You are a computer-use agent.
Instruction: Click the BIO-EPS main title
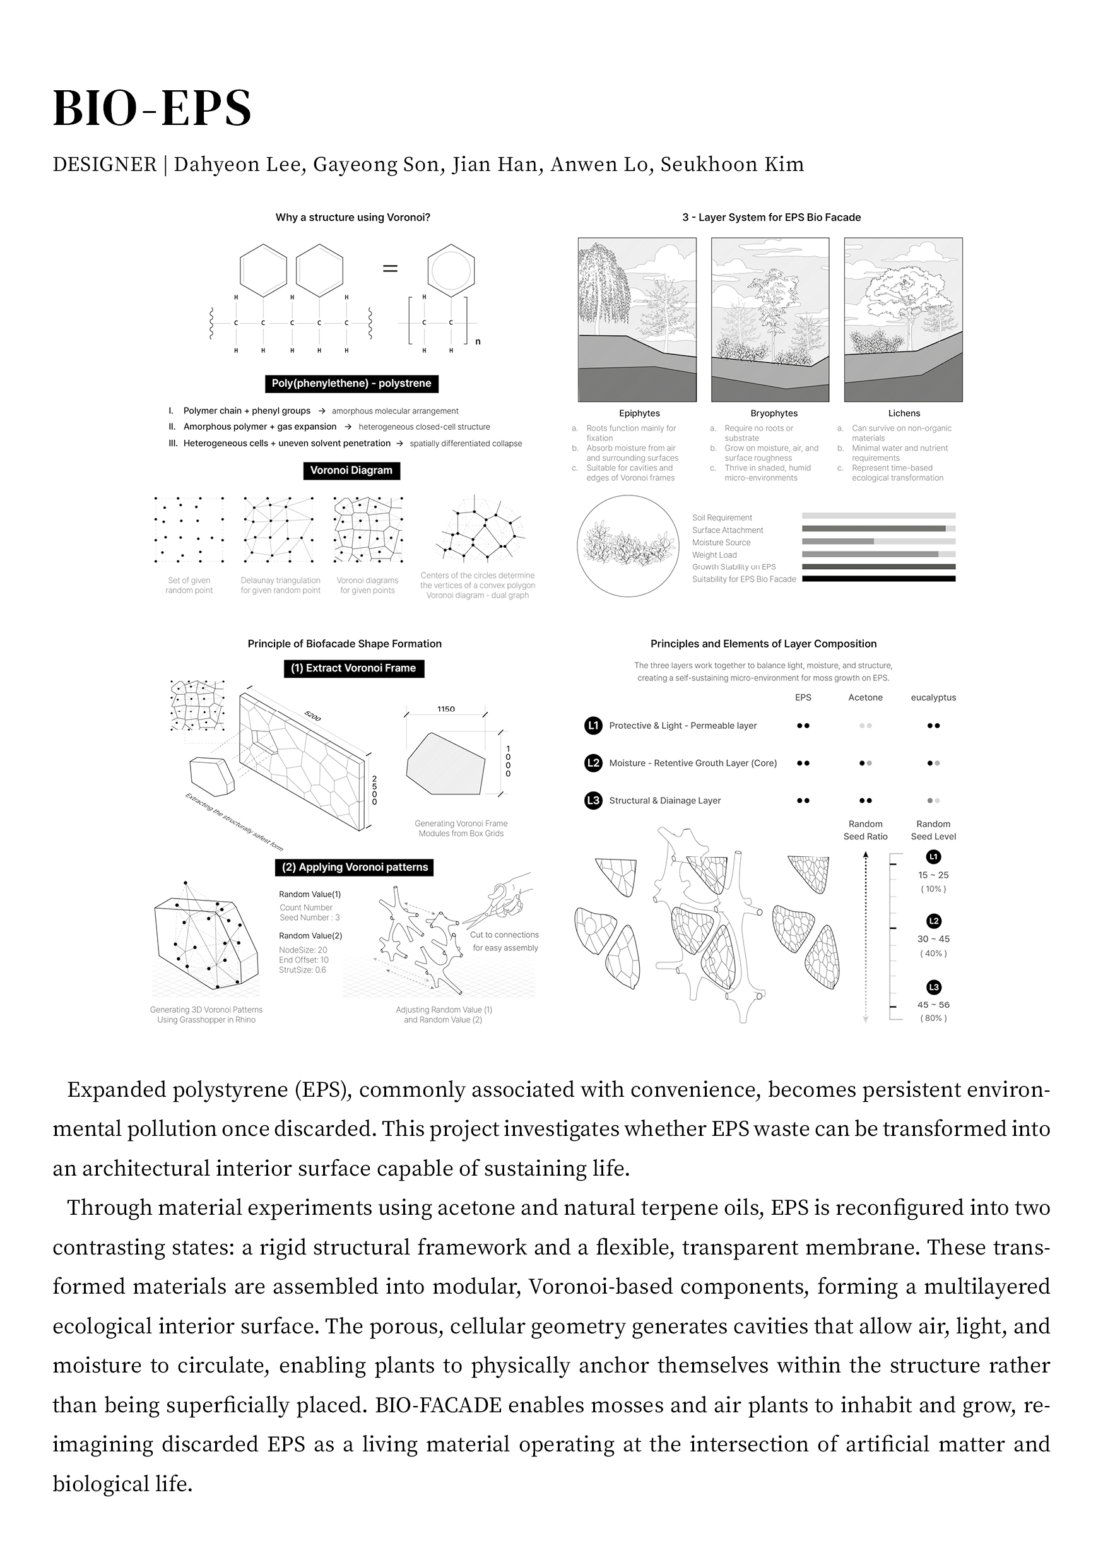(152, 108)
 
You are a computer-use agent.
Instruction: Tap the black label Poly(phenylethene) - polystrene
(351, 383)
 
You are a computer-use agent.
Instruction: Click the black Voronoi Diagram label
(351, 470)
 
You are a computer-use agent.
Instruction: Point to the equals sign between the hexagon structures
(390, 269)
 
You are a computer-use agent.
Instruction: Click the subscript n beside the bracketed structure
(478, 341)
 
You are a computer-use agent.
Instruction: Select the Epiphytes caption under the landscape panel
(639, 413)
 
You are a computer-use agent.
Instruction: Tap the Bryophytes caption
(774, 413)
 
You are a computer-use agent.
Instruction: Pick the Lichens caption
(904, 413)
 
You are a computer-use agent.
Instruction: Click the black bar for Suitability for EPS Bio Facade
(879, 579)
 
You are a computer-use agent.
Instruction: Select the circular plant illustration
(628, 546)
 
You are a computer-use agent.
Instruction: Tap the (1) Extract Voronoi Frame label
(353, 668)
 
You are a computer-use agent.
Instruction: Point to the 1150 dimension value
(446, 709)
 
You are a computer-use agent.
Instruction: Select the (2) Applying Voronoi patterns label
(355, 867)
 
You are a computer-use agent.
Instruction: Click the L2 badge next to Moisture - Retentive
(593, 763)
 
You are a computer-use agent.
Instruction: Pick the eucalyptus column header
(933, 697)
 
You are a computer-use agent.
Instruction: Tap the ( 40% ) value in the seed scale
(933, 953)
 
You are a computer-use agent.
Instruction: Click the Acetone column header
(865, 697)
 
